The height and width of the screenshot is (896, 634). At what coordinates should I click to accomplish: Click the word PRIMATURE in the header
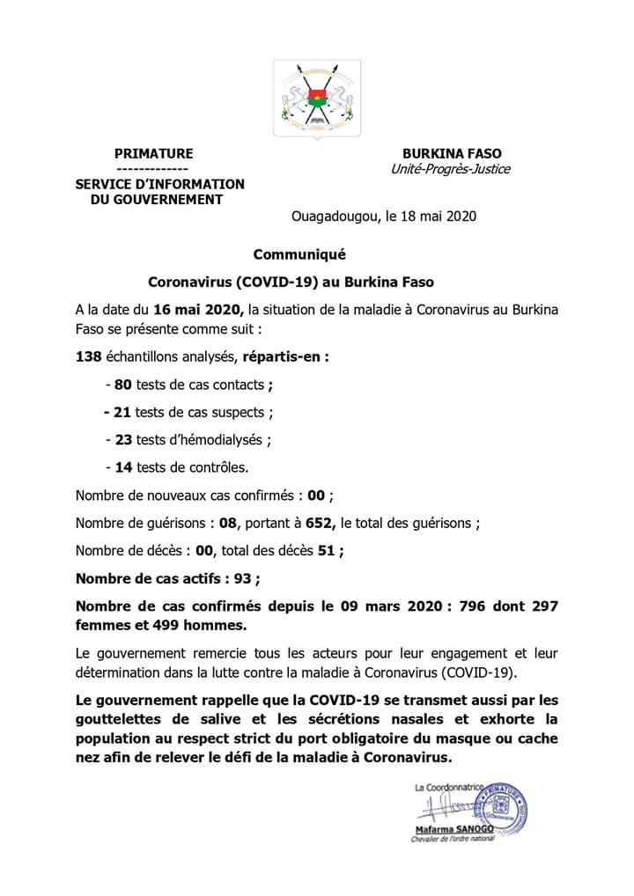(x=153, y=153)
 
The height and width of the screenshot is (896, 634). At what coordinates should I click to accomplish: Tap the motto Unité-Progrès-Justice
(x=450, y=169)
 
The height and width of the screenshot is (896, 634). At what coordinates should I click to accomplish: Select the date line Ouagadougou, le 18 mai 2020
(x=384, y=216)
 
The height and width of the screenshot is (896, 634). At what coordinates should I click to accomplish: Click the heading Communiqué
(x=299, y=255)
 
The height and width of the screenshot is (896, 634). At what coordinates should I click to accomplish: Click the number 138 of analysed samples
(x=88, y=358)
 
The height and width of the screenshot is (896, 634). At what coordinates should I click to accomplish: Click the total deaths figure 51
(x=326, y=551)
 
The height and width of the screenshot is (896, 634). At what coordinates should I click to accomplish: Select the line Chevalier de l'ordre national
(x=453, y=841)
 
